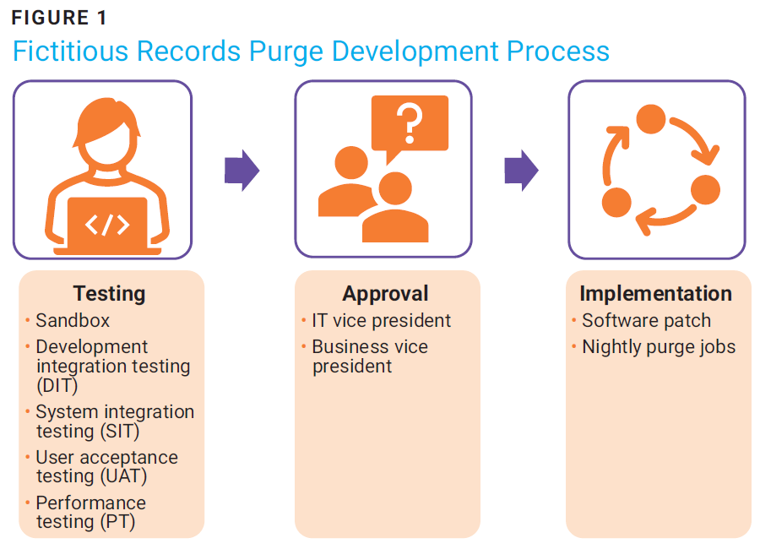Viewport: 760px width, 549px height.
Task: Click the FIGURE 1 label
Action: (58, 18)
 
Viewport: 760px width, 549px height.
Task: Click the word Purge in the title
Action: (285, 52)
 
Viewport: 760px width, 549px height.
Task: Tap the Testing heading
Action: (109, 293)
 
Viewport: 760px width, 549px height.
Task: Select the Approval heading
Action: (385, 293)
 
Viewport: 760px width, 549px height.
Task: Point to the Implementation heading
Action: (656, 293)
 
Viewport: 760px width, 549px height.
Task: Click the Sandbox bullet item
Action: (73, 321)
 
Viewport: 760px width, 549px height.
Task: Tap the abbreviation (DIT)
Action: (57, 385)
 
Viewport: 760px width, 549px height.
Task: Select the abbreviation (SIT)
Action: (120, 431)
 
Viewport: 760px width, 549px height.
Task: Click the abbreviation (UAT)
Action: (123, 476)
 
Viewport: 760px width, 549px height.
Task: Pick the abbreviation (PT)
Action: (117, 522)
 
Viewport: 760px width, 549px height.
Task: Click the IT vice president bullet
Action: (382, 321)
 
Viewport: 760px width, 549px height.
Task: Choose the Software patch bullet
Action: (647, 321)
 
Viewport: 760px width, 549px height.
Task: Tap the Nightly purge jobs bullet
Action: (659, 347)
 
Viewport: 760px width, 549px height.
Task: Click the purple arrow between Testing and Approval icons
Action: (242, 171)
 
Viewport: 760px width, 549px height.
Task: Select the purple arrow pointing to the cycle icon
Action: (522, 171)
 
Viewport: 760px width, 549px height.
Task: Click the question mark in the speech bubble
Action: (410, 123)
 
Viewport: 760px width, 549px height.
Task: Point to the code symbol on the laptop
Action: (107, 225)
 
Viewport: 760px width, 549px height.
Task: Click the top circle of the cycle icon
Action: (650, 119)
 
